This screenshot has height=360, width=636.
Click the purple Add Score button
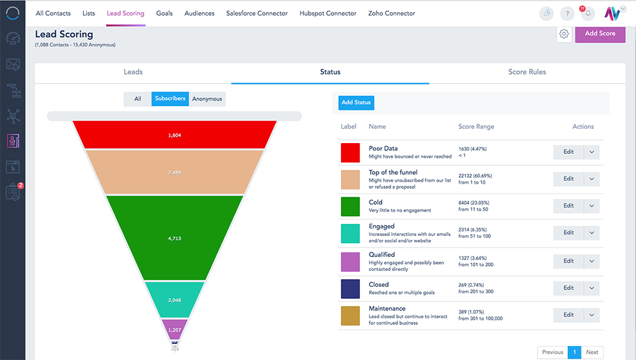pyautogui.click(x=600, y=34)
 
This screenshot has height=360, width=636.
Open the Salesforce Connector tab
pyautogui.click(x=257, y=13)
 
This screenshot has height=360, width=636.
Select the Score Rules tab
pyautogui.click(x=527, y=72)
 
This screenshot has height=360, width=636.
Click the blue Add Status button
pyautogui.click(x=356, y=102)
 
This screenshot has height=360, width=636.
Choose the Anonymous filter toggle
pyautogui.click(x=207, y=99)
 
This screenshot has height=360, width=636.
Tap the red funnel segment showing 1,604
pyautogui.click(x=174, y=135)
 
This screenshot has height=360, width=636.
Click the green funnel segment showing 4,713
pyautogui.click(x=174, y=239)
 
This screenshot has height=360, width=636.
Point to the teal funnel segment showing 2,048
pyautogui.click(x=174, y=300)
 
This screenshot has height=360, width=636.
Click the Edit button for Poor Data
pyautogui.click(x=568, y=152)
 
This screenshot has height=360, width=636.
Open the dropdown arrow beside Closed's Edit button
pyautogui.click(x=591, y=288)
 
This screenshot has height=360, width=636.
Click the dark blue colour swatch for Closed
pyautogui.click(x=350, y=289)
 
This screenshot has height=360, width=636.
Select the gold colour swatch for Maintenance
pyautogui.click(x=350, y=316)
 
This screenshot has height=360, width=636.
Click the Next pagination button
pyautogui.click(x=592, y=352)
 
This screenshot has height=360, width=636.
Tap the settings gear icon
pyautogui.click(x=563, y=34)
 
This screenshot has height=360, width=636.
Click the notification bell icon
pyautogui.click(x=588, y=13)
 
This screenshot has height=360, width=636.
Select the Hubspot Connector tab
pyautogui.click(x=328, y=13)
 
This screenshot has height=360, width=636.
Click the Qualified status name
pyautogui.click(x=382, y=254)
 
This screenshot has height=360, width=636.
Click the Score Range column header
pyautogui.click(x=476, y=127)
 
